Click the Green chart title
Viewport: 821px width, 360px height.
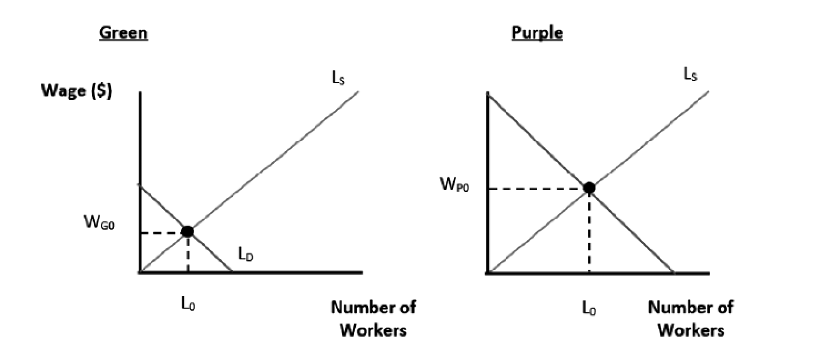click(123, 33)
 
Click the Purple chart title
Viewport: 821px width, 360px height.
click(537, 33)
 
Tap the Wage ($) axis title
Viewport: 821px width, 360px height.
click(77, 92)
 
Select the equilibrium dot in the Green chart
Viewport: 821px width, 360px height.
click(188, 232)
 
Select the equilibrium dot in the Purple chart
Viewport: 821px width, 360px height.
click(588, 188)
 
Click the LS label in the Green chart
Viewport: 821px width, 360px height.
click(339, 80)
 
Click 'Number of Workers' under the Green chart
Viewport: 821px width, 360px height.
click(374, 318)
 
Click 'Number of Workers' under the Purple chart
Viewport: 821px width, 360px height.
click(691, 318)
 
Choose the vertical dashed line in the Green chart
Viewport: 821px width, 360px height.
click(188, 253)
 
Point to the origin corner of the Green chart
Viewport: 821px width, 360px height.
click(140, 271)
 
